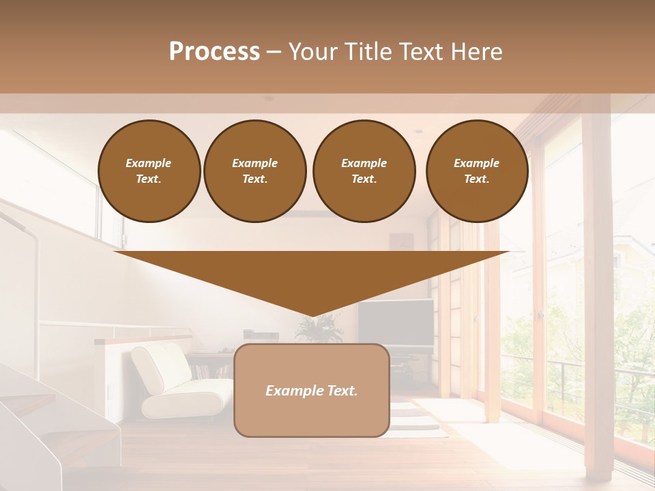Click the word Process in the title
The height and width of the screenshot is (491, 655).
(214, 52)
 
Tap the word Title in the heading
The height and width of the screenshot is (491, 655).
(366, 52)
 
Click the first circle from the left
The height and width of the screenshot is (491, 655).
(149, 171)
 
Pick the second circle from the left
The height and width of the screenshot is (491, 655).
(255, 171)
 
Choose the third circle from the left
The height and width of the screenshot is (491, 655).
(364, 171)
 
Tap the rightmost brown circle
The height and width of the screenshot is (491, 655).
(477, 171)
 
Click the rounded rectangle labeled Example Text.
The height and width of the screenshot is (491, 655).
(312, 390)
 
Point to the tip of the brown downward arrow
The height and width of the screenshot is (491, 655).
(312, 315)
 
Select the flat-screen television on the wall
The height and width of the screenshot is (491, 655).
(396, 323)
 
